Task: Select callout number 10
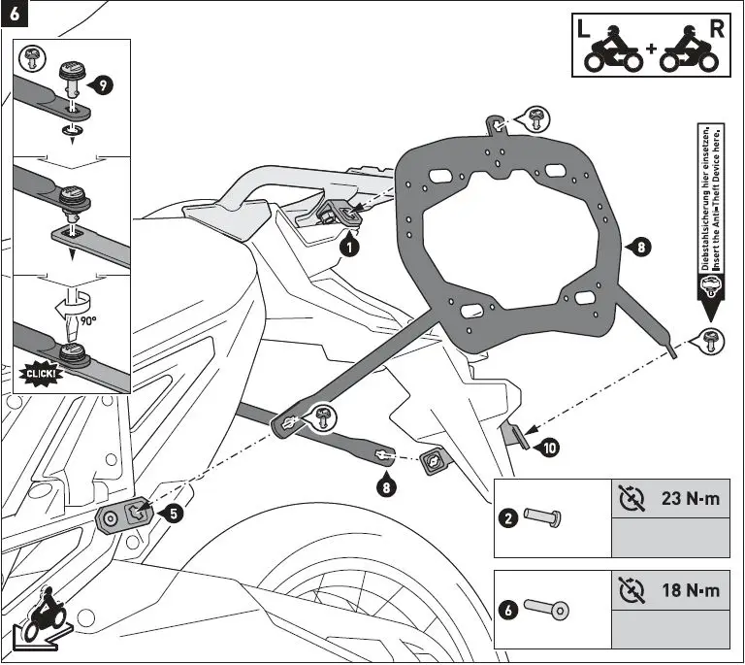pyautogui.click(x=550, y=448)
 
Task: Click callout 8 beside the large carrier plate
pyautogui.click(x=638, y=248)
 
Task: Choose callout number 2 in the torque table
pyautogui.click(x=507, y=517)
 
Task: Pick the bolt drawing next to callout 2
pyautogui.click(x=541, y=517)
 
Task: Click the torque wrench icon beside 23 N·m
pyautogui.click(x=631, y=500)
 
